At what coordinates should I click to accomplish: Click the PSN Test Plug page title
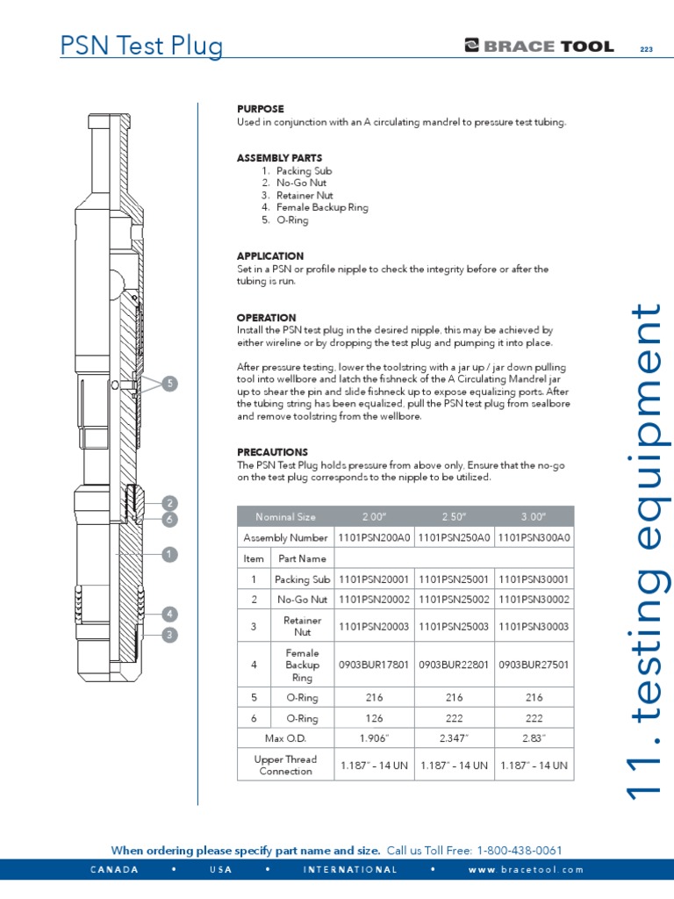(141, 46)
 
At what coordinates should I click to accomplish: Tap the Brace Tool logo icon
(472, 47)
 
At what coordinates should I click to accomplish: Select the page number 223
(647, 49)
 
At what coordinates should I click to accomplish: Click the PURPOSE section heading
(260, 109)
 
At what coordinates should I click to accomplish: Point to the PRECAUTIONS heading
(272, 452)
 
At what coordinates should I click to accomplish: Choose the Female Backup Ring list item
(322, 208)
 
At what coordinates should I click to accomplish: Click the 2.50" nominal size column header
(453, 516)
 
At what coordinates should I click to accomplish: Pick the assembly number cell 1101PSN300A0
(534, 537)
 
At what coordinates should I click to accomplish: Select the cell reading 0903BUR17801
(374, 665)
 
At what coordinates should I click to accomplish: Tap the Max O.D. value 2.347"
(453, 737)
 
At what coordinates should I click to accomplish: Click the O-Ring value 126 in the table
(374, 717)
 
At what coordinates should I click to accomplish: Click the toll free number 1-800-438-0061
(519, 850)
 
